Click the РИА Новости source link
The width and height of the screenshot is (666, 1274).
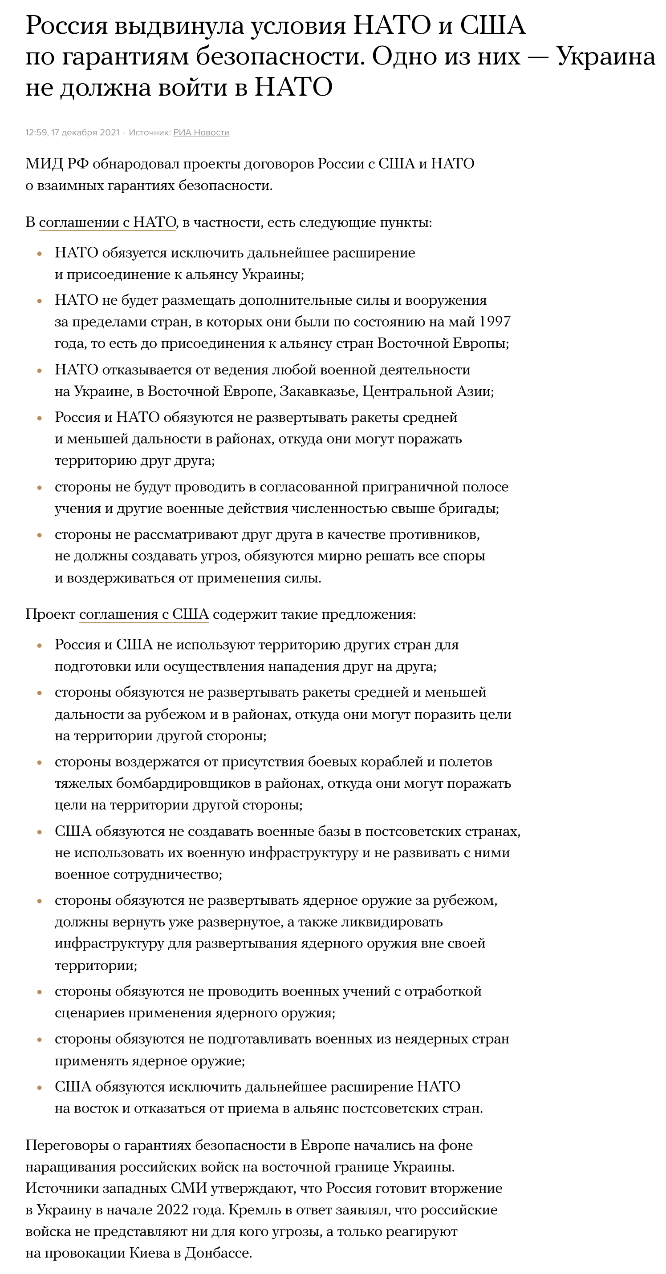[x=201, y=133]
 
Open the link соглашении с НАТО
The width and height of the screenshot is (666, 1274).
[x=107, y=222]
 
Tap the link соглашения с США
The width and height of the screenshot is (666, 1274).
[x=144, y=614]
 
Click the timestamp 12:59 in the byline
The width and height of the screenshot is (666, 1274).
[x=36, y=133]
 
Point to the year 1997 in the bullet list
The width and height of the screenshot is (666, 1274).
[x=494, y=322]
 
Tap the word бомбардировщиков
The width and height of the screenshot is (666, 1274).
[x=188, y=783]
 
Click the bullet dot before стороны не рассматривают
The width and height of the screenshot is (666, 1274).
[x=40, y=535]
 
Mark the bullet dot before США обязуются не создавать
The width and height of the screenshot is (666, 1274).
[x=40, y=832]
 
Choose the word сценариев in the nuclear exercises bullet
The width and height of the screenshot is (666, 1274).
[x=89, y=1013]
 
